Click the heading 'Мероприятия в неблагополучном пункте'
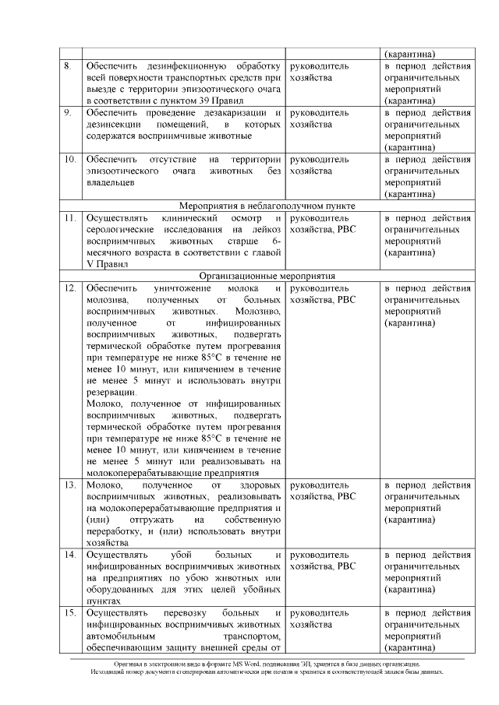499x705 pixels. tap(267, 206)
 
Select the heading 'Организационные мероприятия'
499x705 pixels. tap(267, 276)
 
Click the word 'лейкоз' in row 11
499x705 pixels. tap(264, 229)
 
